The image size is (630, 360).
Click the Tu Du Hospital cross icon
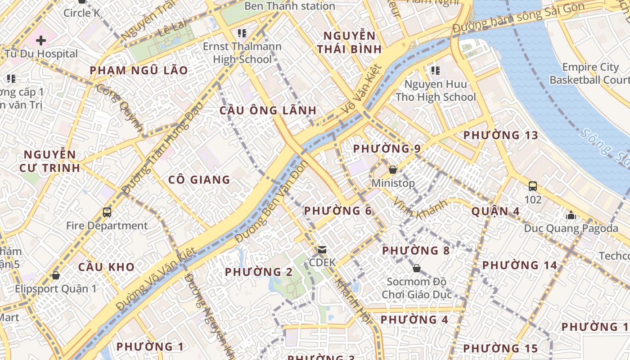tap(41, 40)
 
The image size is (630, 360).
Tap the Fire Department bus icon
tap(107, 212)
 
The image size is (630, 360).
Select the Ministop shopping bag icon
tap(392, 170)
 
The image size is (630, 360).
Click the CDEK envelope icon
tap(322, 249)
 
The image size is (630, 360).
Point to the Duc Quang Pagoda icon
tap(571, 215)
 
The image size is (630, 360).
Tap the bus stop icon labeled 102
tap(533, 186)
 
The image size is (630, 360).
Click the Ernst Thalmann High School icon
tap(242, 33)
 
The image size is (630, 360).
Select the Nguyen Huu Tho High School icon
tap(435, 70)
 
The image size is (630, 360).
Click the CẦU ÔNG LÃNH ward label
tap(268, 110)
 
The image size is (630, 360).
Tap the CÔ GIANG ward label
tap(199, 180)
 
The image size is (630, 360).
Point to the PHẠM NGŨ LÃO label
tap(139, 71)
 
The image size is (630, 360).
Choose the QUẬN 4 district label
tap(495, 211)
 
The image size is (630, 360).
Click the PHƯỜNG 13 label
tap(501, 135)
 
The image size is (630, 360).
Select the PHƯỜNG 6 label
tap(338, 211)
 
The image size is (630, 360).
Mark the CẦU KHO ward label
tap(106, 267)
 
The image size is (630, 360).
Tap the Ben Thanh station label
tap(289, 6)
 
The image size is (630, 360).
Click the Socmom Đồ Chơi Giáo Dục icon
tap(416, 268)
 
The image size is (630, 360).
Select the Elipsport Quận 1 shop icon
tap(56, 275)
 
